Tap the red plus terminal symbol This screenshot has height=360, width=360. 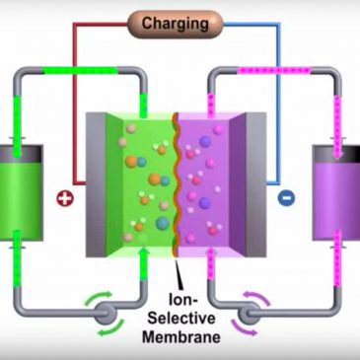pyautogui.click(x=65, y=196)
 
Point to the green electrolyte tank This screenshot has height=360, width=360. pyautogui.click(x=21, y=195)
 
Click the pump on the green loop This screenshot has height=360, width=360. pyautogui.click(x=102, y=314)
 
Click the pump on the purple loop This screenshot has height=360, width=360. pyautogui.click(x=254, y=314)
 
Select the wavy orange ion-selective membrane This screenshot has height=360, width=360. pyautogui.click(x=175, y=178)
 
